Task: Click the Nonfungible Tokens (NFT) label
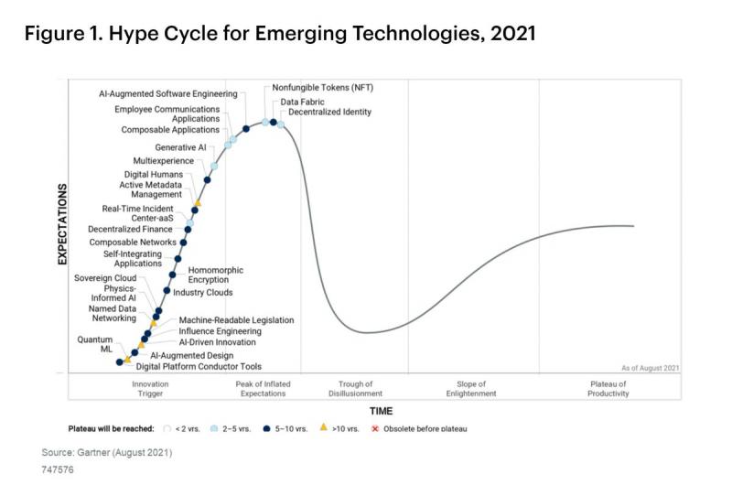[323, 87]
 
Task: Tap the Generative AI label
[180, 147]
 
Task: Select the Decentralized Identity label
[329, 112]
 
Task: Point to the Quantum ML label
[95, 344]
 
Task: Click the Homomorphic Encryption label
[215, 275]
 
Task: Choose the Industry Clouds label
[202, 292]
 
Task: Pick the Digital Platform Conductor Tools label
[199, 366]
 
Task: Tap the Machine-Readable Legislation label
[236, 319]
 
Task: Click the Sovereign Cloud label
[105, 278]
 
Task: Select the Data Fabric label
[302, 102]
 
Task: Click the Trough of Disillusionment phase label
[355, 388]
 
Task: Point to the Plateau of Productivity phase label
[608, 388]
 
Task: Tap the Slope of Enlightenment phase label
[471, 388]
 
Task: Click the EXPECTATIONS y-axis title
[62, 224]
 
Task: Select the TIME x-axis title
[381, 411]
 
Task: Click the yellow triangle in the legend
[323, 426]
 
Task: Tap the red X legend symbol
[374, 428]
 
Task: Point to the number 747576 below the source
[58, 469]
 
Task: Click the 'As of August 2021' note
[650, 368]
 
